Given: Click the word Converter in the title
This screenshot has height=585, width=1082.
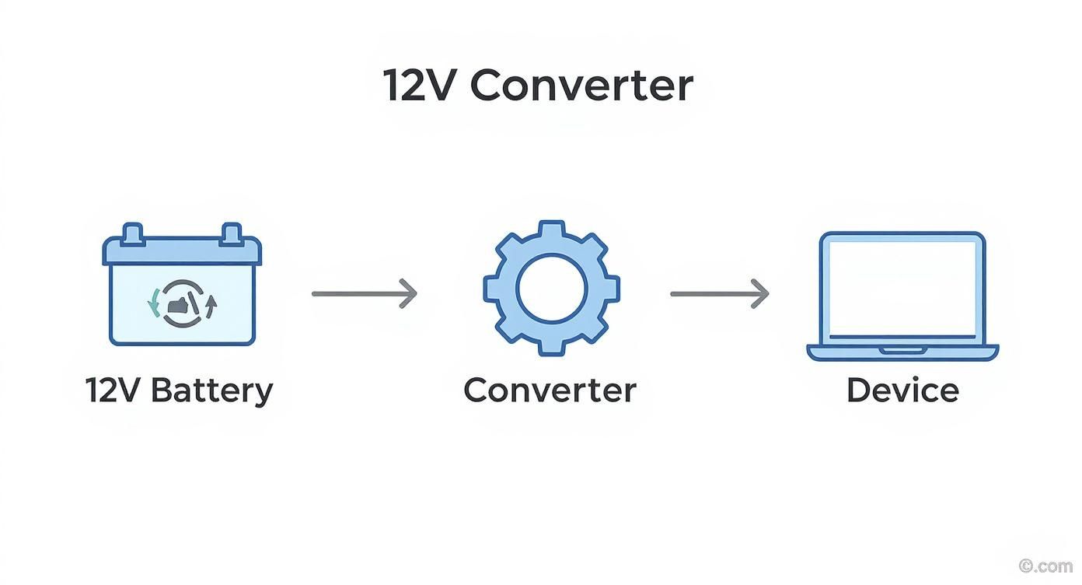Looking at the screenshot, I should (x=581, y=86).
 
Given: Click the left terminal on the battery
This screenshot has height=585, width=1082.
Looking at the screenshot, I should (x=133, y=233).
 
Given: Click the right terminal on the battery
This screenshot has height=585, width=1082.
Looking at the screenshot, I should (x=230, y=233).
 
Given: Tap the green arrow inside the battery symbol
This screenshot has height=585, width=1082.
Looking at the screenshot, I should (x=154, y=303).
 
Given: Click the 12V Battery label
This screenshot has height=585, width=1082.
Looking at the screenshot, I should (x=179, y=390).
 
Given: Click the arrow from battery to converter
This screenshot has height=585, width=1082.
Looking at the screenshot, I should (x=364, y=293).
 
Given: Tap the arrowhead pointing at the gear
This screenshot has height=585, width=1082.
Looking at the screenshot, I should (x=410, y=293).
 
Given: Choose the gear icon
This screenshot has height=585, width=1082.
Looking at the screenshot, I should (x=551, y=288).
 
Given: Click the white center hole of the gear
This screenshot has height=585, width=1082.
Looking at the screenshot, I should (x=551, y=289).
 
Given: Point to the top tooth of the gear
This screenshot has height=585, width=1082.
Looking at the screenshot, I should (x=551, y=230).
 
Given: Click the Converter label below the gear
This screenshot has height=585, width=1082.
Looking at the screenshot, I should (x=550, y=390).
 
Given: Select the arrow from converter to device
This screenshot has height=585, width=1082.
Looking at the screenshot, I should (x=719, y=293).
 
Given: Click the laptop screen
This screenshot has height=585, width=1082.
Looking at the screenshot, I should (x=902, y=288).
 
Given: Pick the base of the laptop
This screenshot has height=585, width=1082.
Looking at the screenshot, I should (x=902, y=352).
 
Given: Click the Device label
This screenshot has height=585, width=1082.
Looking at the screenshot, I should (x=902, y=390).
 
